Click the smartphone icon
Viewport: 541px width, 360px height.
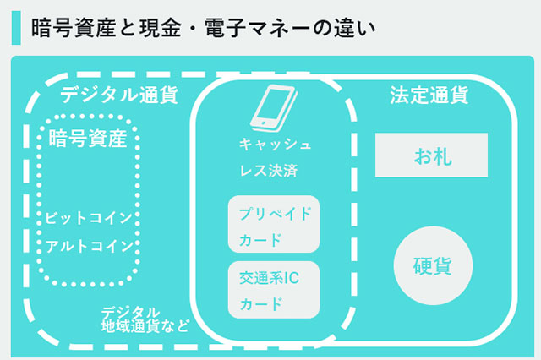pos(274,108)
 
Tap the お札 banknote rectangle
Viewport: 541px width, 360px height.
pos(431,155)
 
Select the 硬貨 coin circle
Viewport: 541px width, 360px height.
pos(433,265)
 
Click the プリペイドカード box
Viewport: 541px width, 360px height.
pos(274,224)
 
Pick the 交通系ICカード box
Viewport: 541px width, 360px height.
pos(274,290)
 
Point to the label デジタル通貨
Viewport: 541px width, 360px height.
pos(119,95)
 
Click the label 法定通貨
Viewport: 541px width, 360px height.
pos(429,95)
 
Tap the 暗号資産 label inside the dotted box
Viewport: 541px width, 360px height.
pos(88,139)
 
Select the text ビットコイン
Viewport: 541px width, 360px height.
pos(89,218)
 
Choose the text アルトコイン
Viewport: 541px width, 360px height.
pos(90,246)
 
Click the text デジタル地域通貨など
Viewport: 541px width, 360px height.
pos(145,319)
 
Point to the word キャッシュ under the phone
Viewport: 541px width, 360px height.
pos(275,144)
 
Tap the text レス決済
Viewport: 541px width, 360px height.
pos(269,171)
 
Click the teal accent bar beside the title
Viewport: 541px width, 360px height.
pos(16,28)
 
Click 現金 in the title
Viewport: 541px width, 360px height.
pos(161,28)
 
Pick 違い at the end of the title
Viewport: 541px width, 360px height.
pos(354,28)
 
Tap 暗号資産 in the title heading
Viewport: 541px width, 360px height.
pos(74,28)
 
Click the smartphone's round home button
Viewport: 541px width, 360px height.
pos(263,123)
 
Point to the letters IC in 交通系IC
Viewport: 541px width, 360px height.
pos(292,278)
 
